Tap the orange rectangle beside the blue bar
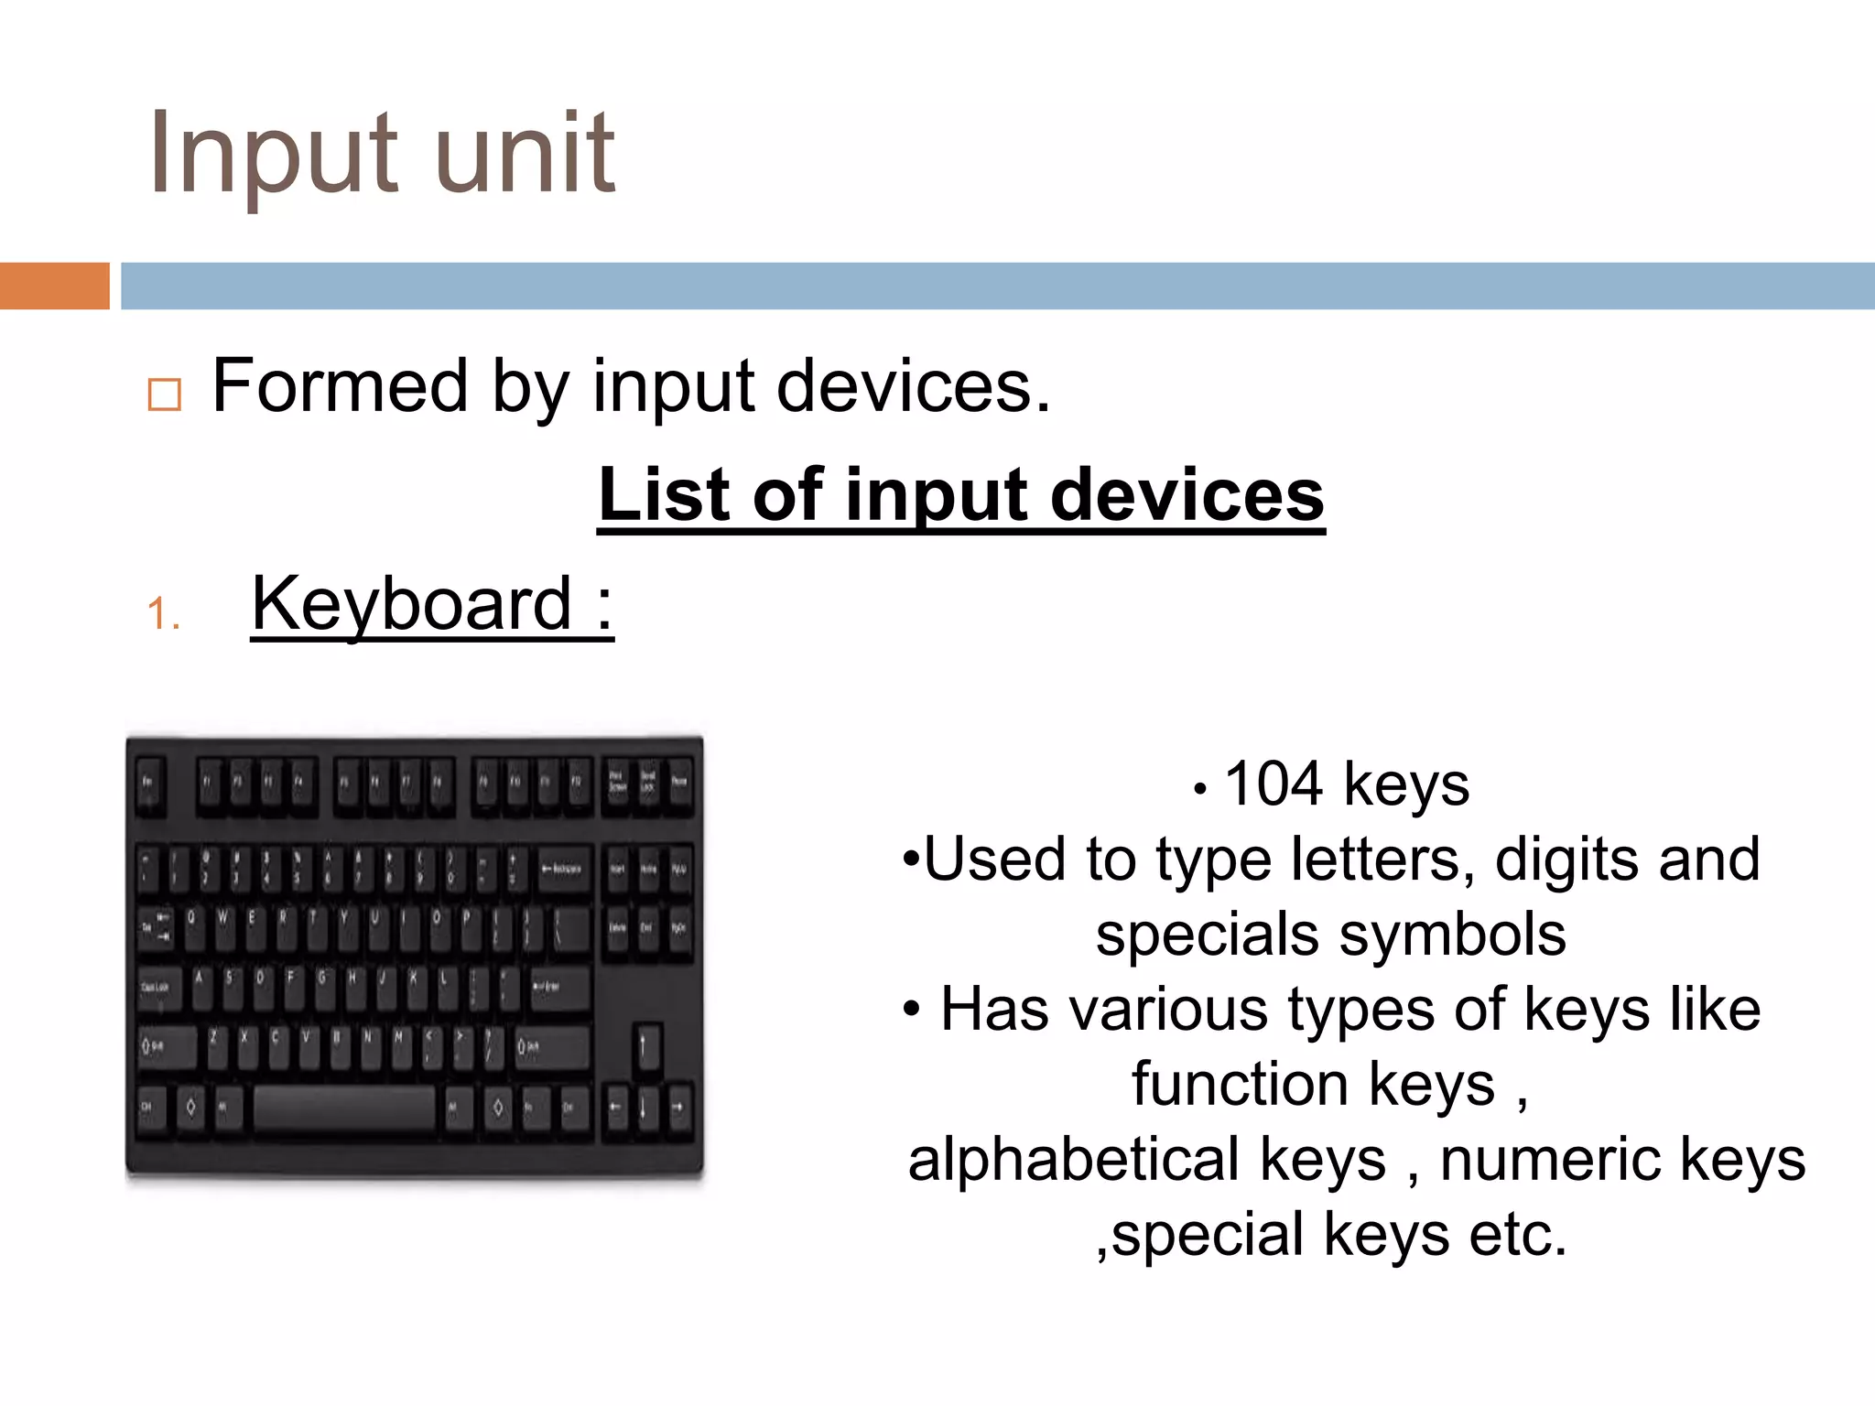coord(54,286)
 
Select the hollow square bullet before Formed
coord(165,395)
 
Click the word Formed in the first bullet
coord(341,386)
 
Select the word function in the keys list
coord(1240,1085)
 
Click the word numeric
coord(1550,1160)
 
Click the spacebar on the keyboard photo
coord(343,1109)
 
